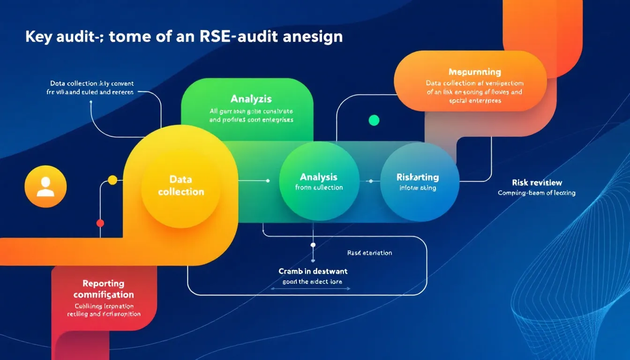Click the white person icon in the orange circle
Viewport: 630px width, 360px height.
[45, 186]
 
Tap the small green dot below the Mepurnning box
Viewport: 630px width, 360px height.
[374, 120]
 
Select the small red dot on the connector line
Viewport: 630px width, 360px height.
[100, 223]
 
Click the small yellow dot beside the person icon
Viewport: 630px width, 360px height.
[112, 180]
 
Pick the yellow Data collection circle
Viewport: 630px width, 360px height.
[181, 186]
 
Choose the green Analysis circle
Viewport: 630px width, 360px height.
[319, 182]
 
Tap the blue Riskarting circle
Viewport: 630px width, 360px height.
[419, 182]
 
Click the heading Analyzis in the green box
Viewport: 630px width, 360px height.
[251, 99]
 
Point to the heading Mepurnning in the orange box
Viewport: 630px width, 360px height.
[474, 72]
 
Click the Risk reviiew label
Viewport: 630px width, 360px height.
[537, 182]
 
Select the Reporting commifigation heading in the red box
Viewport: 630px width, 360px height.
[104, 289]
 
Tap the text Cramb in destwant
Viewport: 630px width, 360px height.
[313, 271]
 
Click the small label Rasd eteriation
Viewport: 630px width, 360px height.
[369, 253]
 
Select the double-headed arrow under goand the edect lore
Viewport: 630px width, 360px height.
[312, 289]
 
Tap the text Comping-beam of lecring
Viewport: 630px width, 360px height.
[536, 193]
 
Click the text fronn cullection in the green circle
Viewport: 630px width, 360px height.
[319, 187]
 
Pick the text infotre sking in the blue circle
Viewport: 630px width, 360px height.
[418, 188]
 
